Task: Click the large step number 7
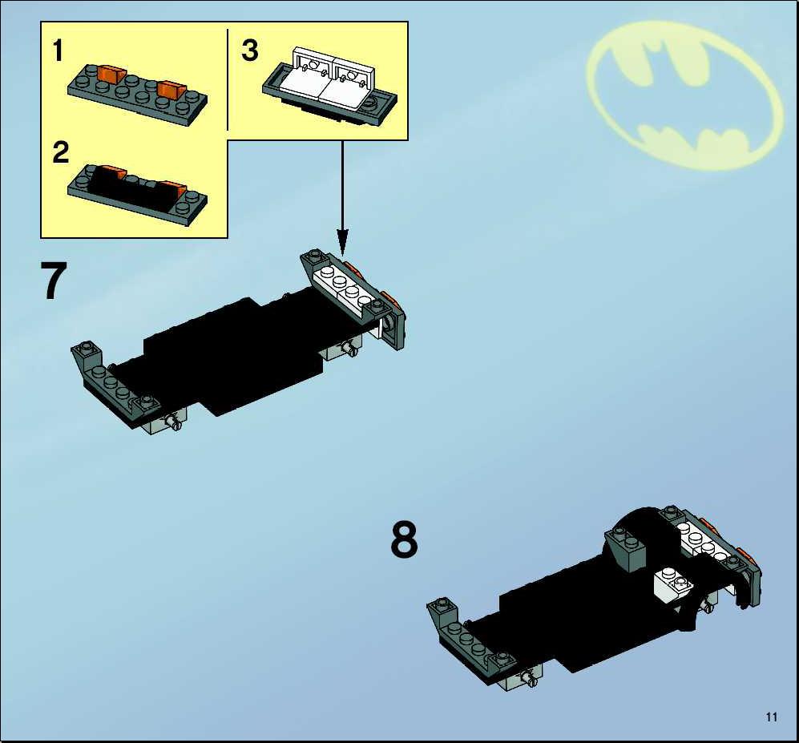coord(54,281)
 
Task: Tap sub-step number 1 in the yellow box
coord(58,51)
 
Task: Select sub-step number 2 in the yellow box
coord(60,152)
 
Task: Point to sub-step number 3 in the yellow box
coord(250,50)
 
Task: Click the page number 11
coord(771,717)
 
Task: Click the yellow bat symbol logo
coord(684,95)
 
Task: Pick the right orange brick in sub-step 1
coord(170,90)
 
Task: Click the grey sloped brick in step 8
coord(625,547)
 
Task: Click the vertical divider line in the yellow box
coord(228,79)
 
